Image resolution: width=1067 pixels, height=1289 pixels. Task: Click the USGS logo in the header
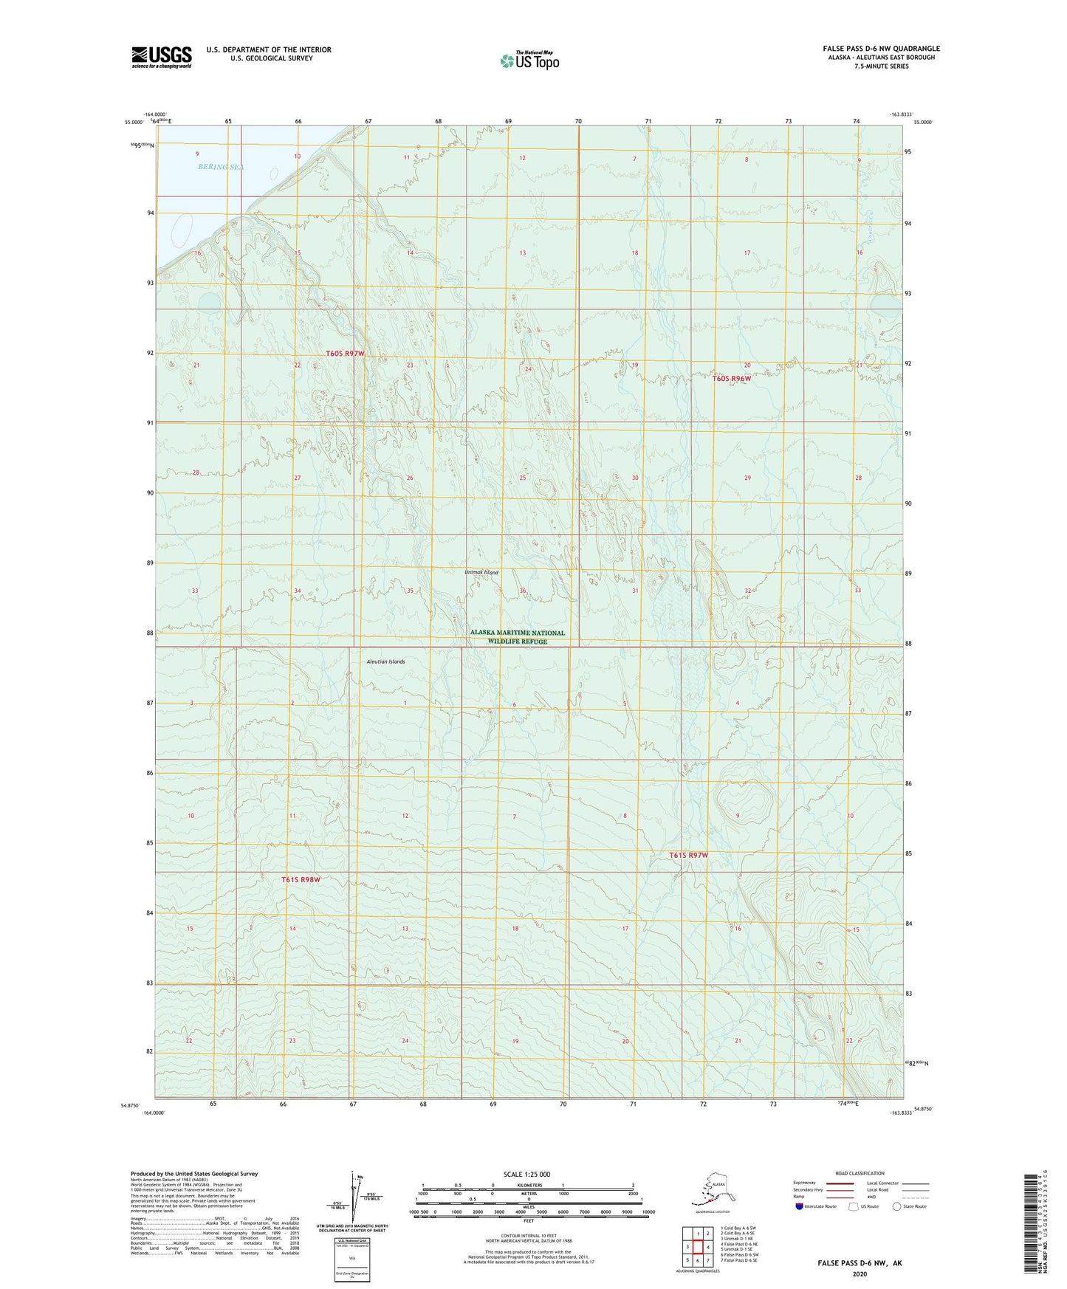click(162, 57)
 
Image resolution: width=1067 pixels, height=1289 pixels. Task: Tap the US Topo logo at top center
click(529, 60)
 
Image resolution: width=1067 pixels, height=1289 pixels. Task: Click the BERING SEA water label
click(220, 167)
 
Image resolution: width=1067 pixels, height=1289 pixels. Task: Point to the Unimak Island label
click(481, 572)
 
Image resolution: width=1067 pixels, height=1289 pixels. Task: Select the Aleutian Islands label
click(385, 661)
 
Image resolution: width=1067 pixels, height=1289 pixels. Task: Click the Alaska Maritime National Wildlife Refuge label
click(518, 637)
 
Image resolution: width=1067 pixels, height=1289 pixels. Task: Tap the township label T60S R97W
click(346, 354)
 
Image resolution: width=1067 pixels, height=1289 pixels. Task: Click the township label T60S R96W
click(732, 378)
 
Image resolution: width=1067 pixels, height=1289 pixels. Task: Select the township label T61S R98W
click(301, 880)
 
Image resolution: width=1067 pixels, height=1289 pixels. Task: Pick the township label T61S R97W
click(688, 855)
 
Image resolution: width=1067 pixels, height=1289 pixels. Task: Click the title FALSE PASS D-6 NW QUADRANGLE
click(881, 49)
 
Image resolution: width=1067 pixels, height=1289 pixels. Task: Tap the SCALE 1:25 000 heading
click(526, 1174)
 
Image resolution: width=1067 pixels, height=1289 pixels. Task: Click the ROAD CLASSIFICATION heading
click(860, 1173)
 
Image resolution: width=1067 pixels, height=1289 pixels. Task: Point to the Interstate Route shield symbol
click(800, 1206)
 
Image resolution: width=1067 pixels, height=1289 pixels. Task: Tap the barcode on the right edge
click(1032, 1233)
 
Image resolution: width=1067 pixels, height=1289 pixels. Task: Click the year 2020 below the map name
click(859, 1273)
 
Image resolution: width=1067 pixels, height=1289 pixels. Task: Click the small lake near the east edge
click(886, 305)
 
